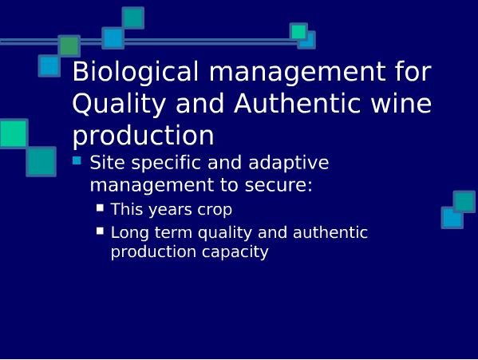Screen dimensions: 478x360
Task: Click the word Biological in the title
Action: (136, 72)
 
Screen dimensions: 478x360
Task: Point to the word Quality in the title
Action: (119, 105)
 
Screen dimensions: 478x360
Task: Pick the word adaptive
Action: (289, 163)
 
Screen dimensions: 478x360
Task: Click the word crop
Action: (215, 210)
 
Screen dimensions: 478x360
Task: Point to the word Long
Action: (130, 233)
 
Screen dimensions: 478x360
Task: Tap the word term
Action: (173, 232)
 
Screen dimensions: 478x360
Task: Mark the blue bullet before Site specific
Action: (77, 160)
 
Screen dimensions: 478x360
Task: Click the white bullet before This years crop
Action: (100, 208)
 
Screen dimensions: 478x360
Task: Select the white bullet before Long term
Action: (100, 231)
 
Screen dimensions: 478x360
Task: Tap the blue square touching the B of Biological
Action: (49, 65)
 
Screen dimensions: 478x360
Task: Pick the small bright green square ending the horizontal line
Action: (298, 32)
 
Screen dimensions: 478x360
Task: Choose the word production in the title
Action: (144, 136)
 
